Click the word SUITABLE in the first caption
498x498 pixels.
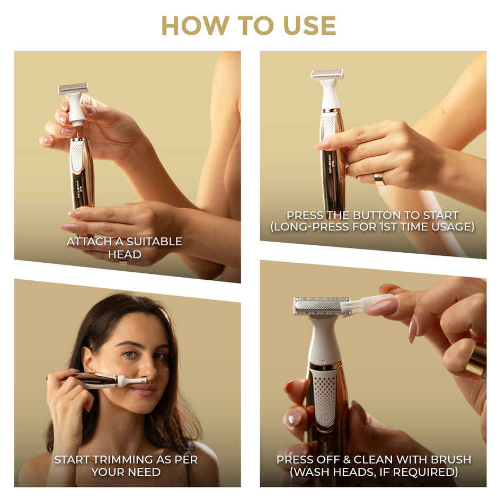point(154,242)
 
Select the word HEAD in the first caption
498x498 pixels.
point(125,254)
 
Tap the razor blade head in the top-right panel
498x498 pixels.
point(327,75)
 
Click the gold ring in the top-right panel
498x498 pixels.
point(380,179)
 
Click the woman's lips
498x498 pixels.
point(143,390)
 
